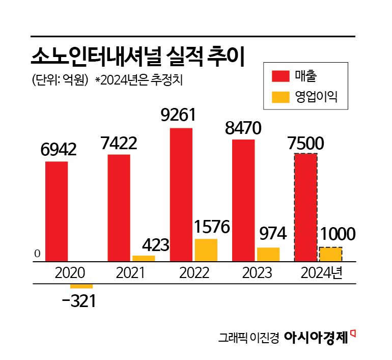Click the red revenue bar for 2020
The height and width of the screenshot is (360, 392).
[57, 211]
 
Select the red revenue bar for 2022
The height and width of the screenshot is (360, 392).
[181, 195]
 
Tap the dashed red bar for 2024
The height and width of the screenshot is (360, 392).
[306, 207]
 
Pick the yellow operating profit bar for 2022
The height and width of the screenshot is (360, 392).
[206, 250]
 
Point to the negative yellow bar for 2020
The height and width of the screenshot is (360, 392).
[81, 286]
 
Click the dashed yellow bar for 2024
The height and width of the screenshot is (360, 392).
[330, 254]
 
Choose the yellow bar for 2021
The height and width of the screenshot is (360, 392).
[144, 258]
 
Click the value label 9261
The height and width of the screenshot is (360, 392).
[178, 116]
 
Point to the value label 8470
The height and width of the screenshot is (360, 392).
[243, 127]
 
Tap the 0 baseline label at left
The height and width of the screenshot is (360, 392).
[37, 254]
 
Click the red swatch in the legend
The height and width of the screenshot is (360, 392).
[281, 76]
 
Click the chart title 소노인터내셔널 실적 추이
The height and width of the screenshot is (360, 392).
[137, 57]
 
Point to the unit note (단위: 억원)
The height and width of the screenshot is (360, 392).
[60, 79]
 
